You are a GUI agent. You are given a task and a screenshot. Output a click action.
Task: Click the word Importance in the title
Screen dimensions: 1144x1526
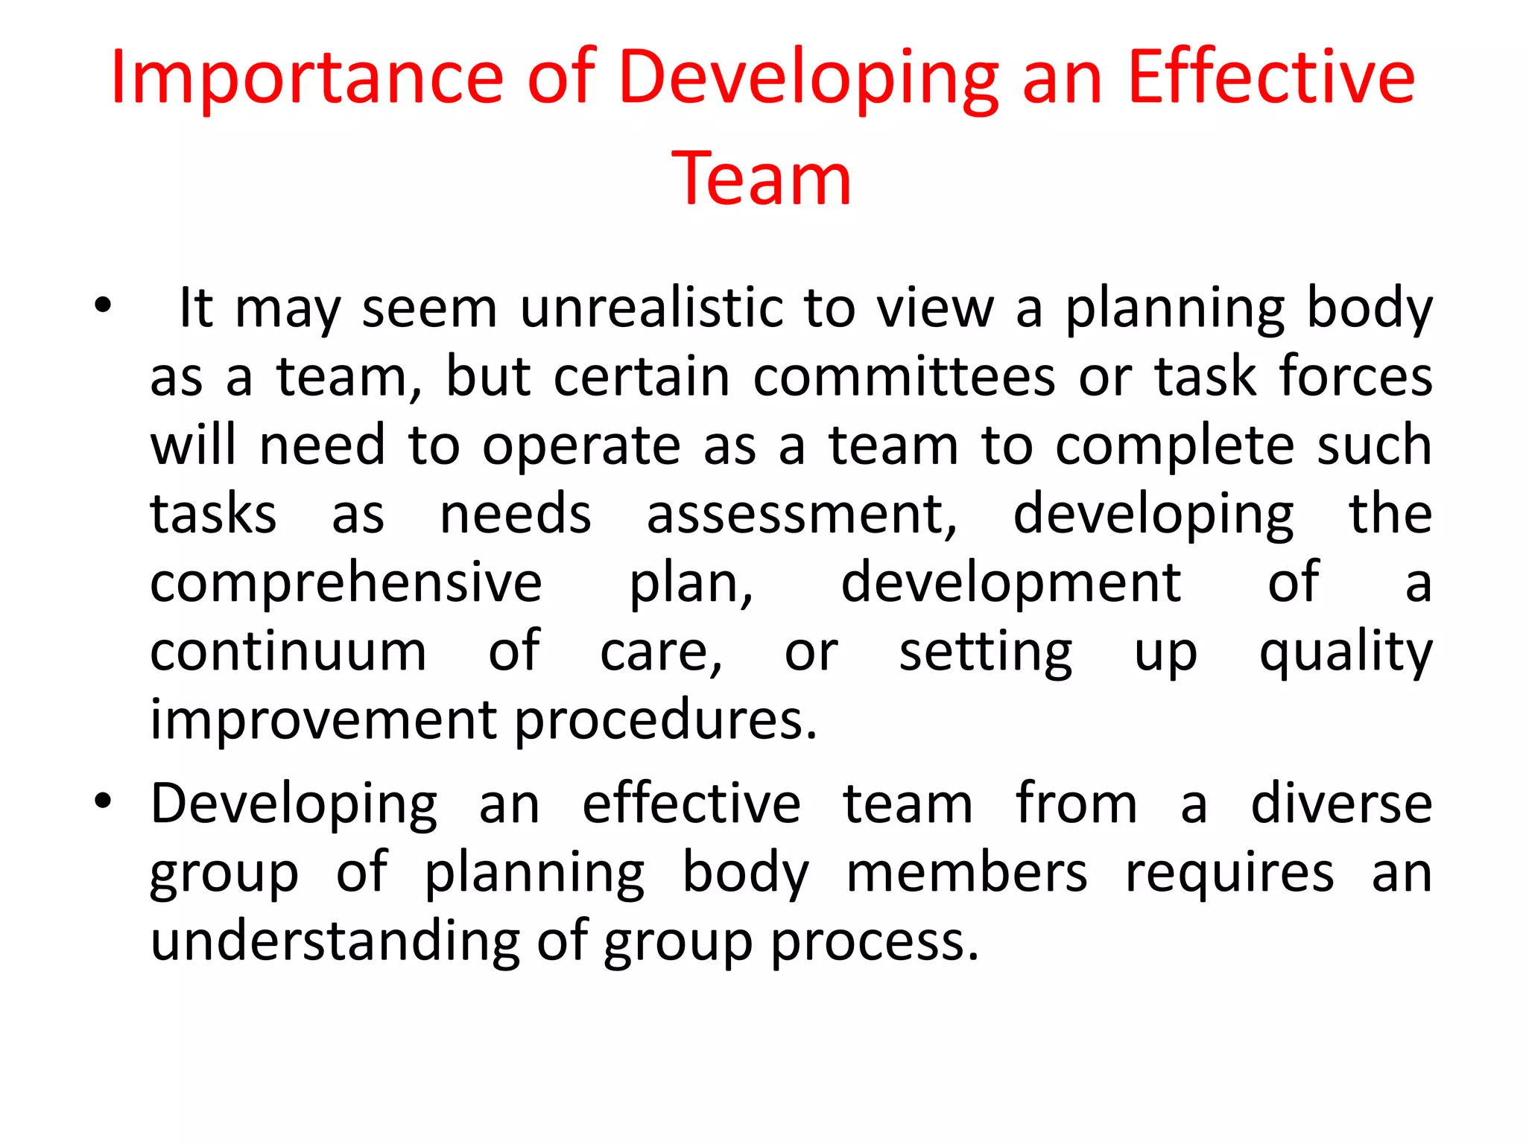point(307,78)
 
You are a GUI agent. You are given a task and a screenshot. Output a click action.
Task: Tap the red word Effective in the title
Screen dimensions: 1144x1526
point(1270,77)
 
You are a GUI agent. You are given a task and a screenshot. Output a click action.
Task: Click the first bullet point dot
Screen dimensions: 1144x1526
point(103,305)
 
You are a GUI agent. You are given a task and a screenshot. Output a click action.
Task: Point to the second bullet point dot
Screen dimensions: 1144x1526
point(103,801)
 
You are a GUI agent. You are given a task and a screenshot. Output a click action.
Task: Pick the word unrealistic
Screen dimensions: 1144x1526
point(650,308)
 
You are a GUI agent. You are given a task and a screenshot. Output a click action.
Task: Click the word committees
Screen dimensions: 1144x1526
point(904,377)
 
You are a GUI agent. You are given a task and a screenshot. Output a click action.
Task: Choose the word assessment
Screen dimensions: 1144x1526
point(802,515)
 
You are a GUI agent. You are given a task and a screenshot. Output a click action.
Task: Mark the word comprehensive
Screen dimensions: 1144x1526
point(346,584)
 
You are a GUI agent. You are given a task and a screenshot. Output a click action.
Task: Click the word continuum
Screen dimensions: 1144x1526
point(288,652)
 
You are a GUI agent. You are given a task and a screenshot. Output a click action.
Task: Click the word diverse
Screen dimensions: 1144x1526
point(1341,804)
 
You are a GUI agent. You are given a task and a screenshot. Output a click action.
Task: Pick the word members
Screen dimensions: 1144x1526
point(966,873)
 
